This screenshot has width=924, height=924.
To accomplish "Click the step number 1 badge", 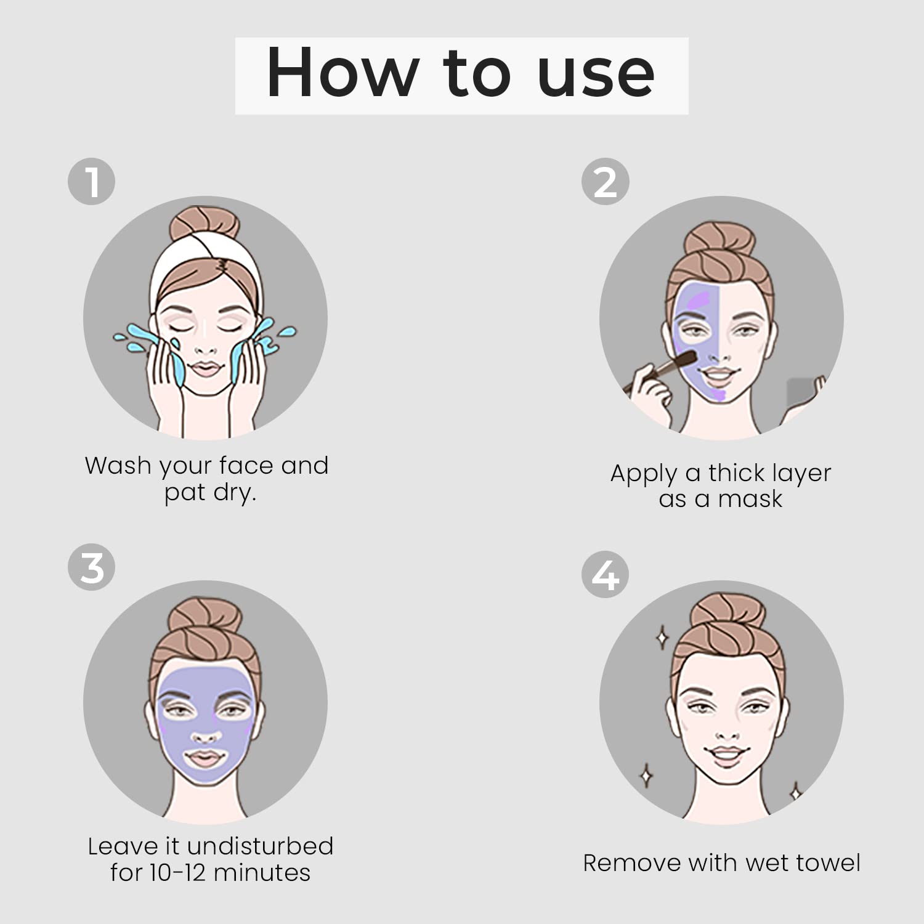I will tap(91, 182).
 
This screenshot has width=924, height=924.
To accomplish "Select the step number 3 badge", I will tap(91, 567).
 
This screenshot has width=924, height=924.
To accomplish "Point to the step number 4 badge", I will tap(605, 575).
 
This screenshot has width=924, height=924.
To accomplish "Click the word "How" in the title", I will tap(342, 73).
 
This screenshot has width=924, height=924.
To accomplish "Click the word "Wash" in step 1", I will tap(118, 466).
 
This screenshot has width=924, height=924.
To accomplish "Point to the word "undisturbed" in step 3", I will tap(259, 846).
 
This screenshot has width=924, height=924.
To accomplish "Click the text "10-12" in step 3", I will tap(177, 873).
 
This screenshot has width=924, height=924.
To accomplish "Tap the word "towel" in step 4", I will tap(828, 863).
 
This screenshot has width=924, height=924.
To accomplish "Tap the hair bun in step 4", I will tap(727, 614).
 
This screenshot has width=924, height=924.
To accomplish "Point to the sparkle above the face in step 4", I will tap(662, 638).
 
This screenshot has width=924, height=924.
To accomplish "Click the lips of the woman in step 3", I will tap(205, 758).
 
